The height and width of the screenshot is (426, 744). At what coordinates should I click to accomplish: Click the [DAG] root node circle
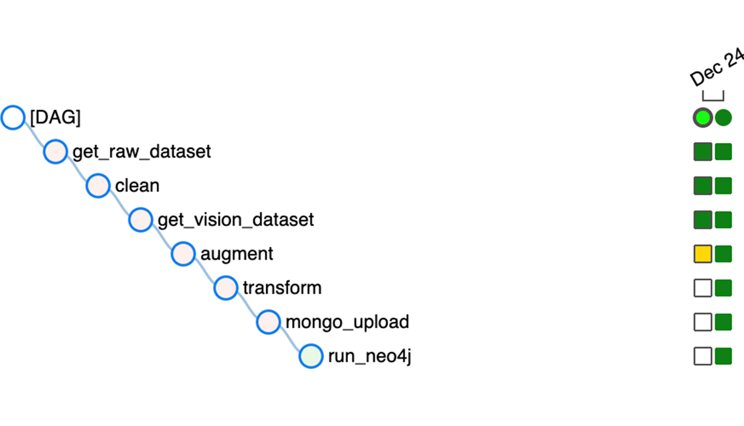point(13,117)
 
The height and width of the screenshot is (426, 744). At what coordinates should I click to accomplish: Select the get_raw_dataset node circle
point(56,152)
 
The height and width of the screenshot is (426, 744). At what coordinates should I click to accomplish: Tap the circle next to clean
point(99,186)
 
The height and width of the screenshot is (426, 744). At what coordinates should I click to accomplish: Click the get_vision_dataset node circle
point(141,220)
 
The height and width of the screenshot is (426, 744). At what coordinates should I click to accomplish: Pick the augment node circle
point(183,254)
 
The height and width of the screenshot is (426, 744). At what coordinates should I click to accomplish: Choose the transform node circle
point(226,288)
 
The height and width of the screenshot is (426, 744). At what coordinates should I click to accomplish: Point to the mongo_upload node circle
point(269,322)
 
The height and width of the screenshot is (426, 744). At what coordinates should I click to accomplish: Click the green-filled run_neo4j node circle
point(311,356)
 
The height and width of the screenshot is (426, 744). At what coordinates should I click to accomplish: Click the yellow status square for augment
point(702,254)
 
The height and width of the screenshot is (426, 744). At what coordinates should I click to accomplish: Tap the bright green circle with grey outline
point(702,117)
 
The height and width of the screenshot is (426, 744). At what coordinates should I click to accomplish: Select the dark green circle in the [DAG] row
point(723,117)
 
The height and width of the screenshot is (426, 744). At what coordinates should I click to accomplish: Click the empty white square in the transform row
point(702,288)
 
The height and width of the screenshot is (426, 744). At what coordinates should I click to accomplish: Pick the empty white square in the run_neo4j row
point(702,356)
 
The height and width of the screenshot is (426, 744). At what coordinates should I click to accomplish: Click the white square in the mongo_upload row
point(702,322)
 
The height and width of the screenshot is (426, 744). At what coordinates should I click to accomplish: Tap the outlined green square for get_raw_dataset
point(702,152)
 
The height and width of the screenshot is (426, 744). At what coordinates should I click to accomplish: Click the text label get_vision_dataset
point(235,220)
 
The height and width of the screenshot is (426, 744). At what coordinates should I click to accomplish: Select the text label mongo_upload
point(347,322)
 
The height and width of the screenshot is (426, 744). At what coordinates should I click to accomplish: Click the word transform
point(282,288)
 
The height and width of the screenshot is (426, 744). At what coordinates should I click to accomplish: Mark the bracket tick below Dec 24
point(713,99)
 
